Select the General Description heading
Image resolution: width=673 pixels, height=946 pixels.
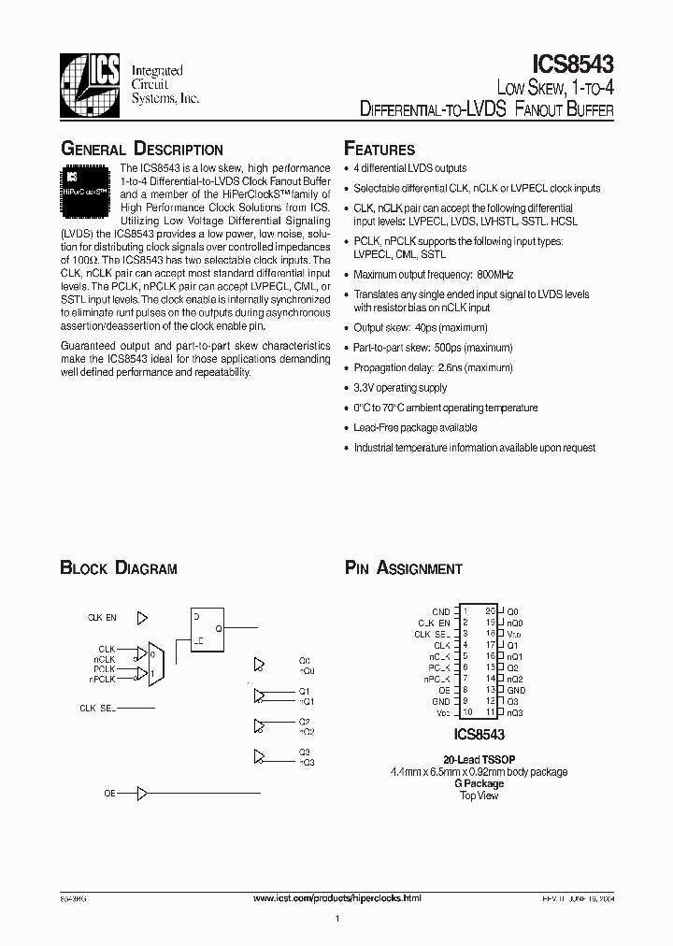(x=141, y=150)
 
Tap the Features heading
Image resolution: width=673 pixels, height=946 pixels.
(x=379, y=150)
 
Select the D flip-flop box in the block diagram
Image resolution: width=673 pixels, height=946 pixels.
(x=208, y=629)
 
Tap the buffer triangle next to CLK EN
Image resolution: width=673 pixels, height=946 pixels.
(x=142, y=618)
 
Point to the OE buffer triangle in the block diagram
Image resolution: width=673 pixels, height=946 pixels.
(x=142, y=794)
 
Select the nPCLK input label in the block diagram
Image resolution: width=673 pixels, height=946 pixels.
(x=102, y=680)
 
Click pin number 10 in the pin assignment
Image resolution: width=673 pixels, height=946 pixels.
(x=465, y=712)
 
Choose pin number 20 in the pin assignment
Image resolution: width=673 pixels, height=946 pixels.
(x=490, y=610)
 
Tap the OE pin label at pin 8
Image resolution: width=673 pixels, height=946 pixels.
(x=444, y=689)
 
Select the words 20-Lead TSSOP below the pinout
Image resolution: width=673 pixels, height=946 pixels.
(x=480, y=760)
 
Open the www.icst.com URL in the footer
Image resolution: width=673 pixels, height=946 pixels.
(x=337, y=897)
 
